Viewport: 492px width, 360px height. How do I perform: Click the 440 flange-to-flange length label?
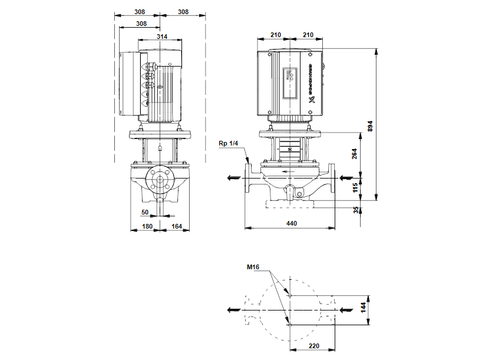291,223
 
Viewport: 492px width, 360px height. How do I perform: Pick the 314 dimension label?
162,37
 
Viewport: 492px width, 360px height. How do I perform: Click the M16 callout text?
253,268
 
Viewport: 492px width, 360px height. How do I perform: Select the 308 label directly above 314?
141,24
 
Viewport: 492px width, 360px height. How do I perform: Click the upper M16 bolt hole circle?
290,295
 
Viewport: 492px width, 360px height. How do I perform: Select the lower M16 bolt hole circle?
290,323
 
